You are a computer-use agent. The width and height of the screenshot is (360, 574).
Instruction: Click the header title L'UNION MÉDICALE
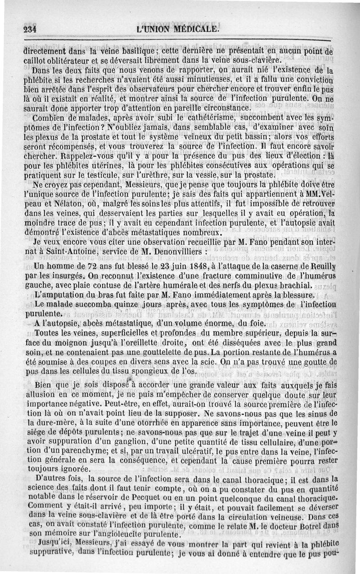click(179, 30)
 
